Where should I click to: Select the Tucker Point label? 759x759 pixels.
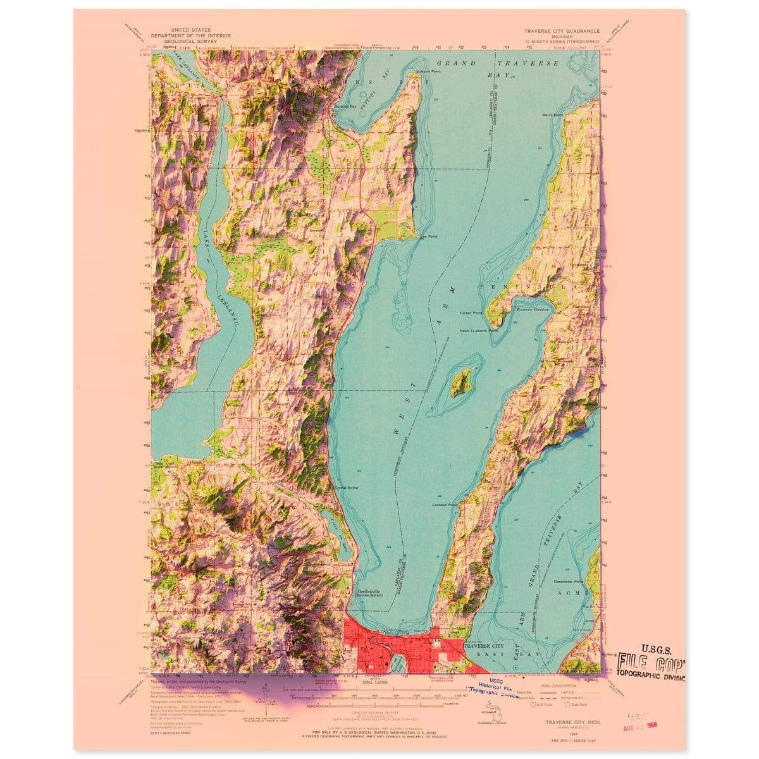tap(471, 313)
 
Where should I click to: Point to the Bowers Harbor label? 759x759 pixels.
tap(532, 309)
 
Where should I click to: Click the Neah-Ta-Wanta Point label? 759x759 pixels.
tap(479, 330)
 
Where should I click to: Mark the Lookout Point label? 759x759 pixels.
tap(444, 505)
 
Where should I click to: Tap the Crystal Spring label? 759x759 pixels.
tap(347, 488)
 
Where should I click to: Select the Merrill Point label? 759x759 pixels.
tap(552, 115)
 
